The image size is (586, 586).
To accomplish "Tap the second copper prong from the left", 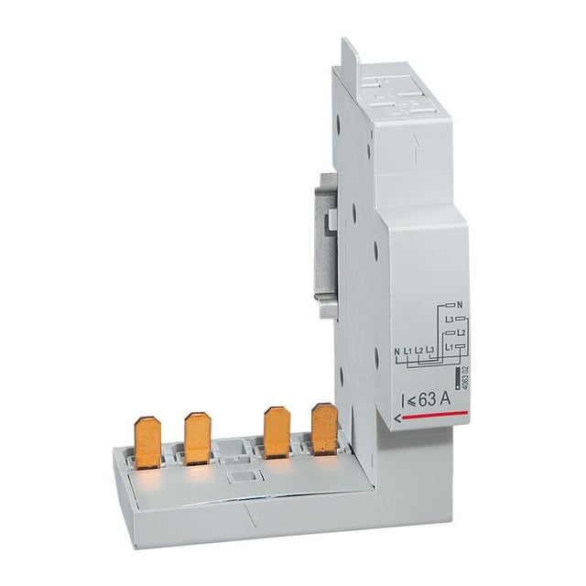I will pos(197,437).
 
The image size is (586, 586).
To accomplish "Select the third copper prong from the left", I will pos(277,431).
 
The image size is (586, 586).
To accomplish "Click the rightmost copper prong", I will pos(324,428).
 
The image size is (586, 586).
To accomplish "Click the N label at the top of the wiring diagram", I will pos(459,304).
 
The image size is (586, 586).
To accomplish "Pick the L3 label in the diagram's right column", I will pos(450,318).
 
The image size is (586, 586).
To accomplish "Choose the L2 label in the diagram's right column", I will pos(462,331).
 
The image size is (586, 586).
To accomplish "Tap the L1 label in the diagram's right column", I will pos(449,347).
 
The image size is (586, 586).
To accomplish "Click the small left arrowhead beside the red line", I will pos(396,418).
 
